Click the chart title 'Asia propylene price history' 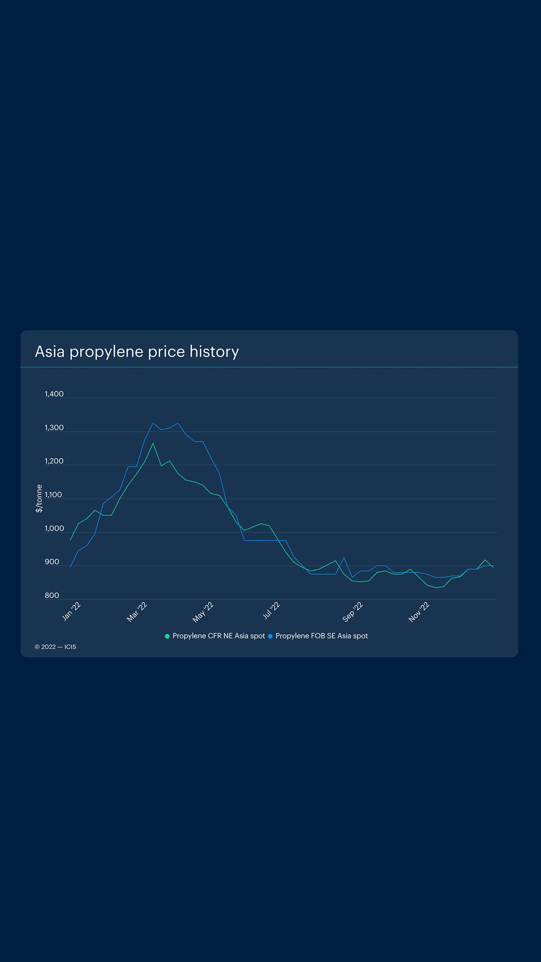tap(137, 352)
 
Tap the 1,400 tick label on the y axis tap(54, 394)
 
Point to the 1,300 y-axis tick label tap(54, 428)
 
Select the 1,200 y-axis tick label tap(54, 461)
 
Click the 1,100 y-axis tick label tap(54, 495)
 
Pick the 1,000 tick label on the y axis tap(54, 529)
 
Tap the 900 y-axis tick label tap(52, 562)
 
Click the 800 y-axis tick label tap(52, 596)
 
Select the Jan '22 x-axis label tap(72, 612)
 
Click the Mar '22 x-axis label tap(137, 612)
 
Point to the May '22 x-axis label tap(203, 612)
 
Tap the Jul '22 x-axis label tap(271, 611)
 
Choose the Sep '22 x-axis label tap(353, 612)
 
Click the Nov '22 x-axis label tap(419, 612)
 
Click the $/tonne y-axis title tap(39, 499)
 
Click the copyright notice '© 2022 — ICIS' tap(56, 647)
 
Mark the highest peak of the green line tap(153, 443)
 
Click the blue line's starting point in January tap(70, 567)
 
